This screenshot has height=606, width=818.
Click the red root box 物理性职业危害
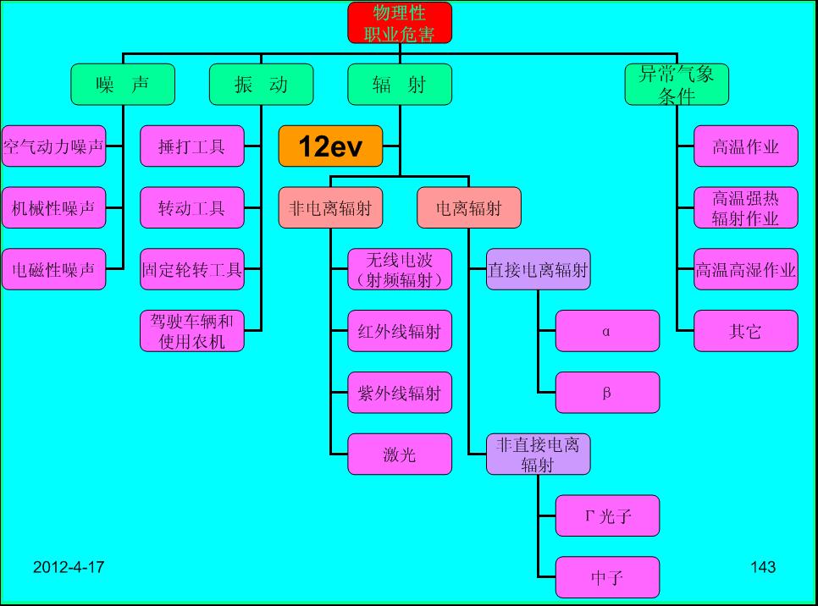[400, 23]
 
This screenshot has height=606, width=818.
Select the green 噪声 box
[123, 85]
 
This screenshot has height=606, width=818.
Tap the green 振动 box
[261, 85]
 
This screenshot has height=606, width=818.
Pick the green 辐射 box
[400, 85]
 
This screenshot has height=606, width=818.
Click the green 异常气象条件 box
[677, 85]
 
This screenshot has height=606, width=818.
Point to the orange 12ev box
[330, 146]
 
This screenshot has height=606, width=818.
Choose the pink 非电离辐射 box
[330, 208]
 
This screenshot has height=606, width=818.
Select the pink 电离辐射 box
[468, 208]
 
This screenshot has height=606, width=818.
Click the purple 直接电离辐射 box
[538, 270]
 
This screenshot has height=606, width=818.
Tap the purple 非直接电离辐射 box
[538, 454]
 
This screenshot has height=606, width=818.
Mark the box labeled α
[607, 331]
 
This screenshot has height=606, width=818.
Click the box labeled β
[607, 393]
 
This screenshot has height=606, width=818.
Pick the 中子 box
[607, 578]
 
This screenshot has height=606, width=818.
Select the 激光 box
[400, 454]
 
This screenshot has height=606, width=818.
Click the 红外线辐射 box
[400, 331]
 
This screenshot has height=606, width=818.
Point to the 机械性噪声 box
[53, 208]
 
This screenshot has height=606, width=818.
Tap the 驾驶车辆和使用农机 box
[191, 331]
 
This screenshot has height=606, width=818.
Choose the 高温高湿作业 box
[746, 270]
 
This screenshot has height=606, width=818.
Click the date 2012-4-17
[69, 567]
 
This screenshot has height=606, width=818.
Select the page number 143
[763, 567]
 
